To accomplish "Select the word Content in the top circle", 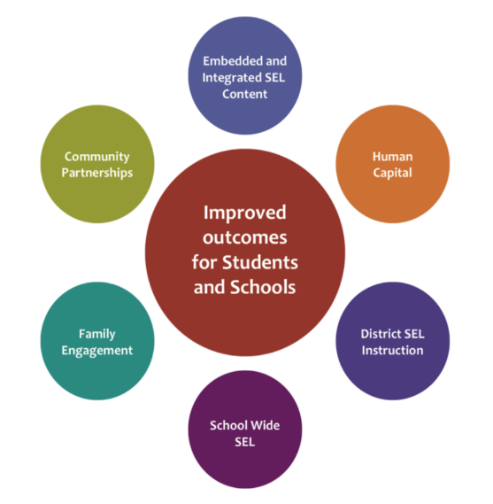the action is [x=245, y=94].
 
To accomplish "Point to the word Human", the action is [x=392, y=157].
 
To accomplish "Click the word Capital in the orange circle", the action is [x=392, y=173].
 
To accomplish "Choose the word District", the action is [x=381, y=334].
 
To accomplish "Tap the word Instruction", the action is [x=392, y=351].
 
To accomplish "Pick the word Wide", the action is [x=265, y=425].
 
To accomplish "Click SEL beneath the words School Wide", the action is [x=245, y=442].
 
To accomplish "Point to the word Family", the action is [x=97, y=334].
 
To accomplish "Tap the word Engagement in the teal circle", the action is [x=97, y=351].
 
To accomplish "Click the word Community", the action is [x=97, y=157].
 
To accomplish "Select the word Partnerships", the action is [x=97, y=173].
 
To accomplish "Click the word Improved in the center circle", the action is [x=245, y=213].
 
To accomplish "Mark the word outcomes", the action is [x=245, y=238].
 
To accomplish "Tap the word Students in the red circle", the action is [x=260, y=262].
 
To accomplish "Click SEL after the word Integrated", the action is [x=275, y=77].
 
